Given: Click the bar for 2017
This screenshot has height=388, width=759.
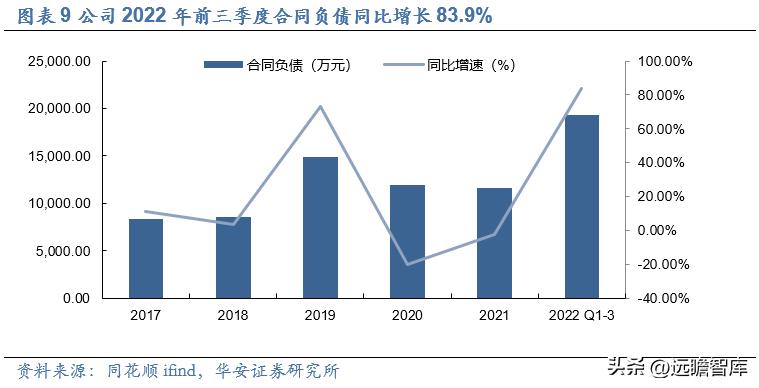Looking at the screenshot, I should click(x=146, y=258).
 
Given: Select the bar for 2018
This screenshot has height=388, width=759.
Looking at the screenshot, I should click(x=233, y=257).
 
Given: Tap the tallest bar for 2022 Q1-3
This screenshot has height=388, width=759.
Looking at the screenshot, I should click(x=582, y=206).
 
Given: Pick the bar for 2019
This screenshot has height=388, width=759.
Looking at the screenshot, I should click(x=320, y=227).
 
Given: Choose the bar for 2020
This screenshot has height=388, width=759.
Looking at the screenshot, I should click(x=407, y=241).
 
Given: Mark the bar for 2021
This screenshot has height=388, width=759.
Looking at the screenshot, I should click(x=494, y=243).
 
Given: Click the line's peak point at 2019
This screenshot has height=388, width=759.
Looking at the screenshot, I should click(x=320, y=106).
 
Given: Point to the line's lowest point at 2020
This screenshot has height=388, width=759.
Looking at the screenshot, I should click(x=407, y=265).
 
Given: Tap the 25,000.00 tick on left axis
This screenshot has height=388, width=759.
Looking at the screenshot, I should click(x=61, y=62).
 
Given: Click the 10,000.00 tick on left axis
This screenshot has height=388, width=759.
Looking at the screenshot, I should click(x=61, y=204).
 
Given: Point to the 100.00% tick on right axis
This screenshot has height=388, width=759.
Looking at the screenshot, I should click(x=664, y=62).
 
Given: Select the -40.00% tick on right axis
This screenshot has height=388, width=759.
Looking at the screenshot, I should click(x=664, y=298).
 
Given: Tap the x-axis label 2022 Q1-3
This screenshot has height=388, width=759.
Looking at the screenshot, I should click(x=582, y=317).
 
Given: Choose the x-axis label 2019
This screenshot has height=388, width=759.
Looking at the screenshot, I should click(x=320, y=317).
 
